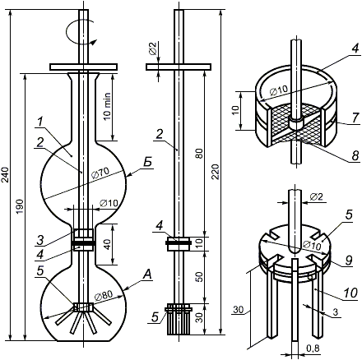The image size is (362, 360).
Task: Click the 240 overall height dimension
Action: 6,175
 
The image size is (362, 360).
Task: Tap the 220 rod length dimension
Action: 216,172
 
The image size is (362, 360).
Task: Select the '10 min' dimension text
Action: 108,106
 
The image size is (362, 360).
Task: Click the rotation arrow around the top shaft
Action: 80,34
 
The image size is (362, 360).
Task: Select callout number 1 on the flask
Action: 40,123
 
